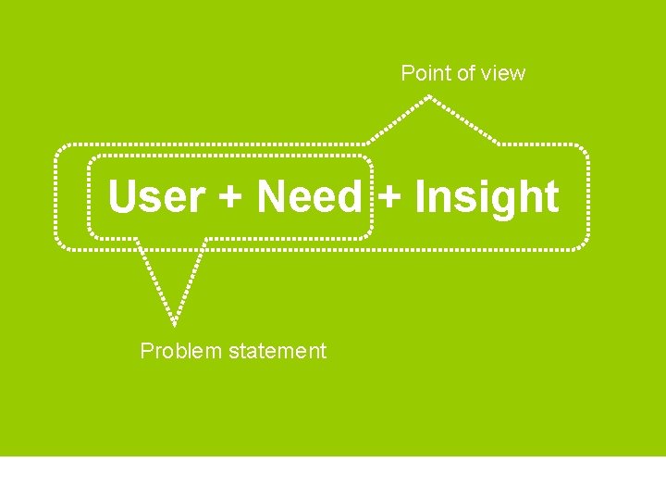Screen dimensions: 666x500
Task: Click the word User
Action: point(156,197)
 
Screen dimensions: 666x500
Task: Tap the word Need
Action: point(309,197)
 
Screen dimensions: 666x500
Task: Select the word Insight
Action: point(487,197)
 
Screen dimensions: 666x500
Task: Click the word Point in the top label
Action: point(422,73)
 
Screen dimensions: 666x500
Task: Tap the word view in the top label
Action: point(503,73)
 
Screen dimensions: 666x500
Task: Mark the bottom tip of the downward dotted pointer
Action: point(174,324)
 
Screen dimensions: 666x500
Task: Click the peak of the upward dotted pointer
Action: point(428,98)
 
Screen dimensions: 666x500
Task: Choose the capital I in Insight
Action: point(420,197)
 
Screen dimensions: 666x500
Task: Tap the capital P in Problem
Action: point(146,351)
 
